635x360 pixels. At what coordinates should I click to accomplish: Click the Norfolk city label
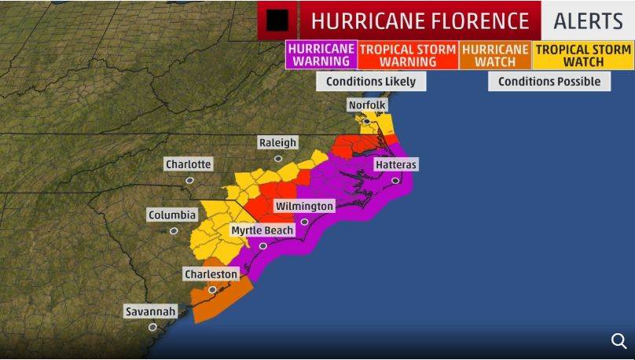pyautogui.click(x=368, y=105)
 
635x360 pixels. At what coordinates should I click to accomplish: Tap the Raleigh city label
pyautogui.click(x=278, y=142)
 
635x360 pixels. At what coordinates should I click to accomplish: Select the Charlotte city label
pyautogui.click(x=189, y=164)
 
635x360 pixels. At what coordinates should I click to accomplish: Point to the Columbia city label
pyautogui.click(x=172, y=215)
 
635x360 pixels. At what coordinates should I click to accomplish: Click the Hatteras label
pyautogui.click(x=395, y=164)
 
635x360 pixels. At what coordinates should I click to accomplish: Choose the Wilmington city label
pyautogui.click(x=304, y=206)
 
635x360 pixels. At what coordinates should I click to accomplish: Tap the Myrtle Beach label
pyautogui.click(x=262, y=230)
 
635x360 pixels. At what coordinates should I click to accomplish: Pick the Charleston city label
pyautogui.click(x=211, y=274)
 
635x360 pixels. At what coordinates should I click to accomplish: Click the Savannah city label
pyautogui.click(x=151, y=311)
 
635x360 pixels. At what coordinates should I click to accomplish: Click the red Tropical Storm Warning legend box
pyautogui.click(x=408, y=55)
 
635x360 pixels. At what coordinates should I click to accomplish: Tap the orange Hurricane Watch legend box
pyautogui.click(x=494, y=55)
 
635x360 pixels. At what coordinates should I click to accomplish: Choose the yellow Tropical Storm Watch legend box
pyautogui.click(x=582, y=55)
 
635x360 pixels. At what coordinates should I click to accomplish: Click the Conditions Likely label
pyautogui.click(x=371, y=81)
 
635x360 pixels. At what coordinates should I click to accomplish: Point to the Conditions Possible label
pyautogui.click(x=549, y=81)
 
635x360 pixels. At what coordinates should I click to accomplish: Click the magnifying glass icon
pyautogui.click(x=618, y=340)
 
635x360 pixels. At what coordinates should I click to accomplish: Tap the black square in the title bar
pyautogui.click(x=277, y=20)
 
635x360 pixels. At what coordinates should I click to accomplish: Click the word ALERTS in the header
pyautogui.click(x=588, y=20)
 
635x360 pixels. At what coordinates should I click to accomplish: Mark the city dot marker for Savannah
pyautogui.click(x=152, y=326)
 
